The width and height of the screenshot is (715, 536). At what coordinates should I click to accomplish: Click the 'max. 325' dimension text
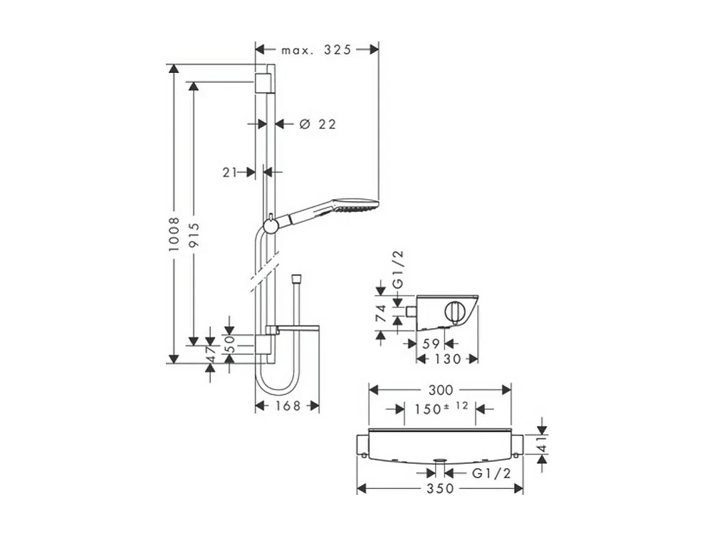[316, 50]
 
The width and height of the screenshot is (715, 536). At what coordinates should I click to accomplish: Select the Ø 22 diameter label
[317, 125]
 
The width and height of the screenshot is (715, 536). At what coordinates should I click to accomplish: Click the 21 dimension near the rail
[230, 173]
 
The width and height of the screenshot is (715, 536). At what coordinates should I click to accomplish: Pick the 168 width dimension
[287, 406]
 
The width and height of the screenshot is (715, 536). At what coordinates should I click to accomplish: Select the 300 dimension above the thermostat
[440, 390]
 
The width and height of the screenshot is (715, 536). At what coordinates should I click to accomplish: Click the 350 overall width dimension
[440, 489]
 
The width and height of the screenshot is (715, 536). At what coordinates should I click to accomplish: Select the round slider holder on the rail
[270, 225]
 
